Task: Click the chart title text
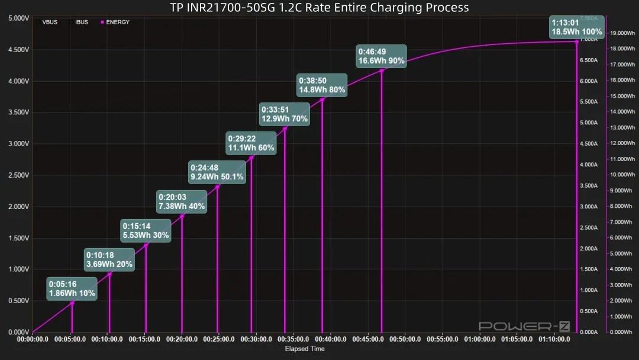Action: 319,8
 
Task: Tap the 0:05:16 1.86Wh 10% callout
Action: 72,288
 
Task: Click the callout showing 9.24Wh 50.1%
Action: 217,172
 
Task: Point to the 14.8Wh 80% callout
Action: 322,85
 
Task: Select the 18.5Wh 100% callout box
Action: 577,27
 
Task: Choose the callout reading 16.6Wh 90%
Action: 381,56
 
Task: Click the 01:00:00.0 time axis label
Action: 480,340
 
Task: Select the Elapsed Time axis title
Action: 305,349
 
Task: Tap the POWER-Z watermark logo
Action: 516,326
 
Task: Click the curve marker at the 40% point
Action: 182,216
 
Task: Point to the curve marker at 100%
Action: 577,41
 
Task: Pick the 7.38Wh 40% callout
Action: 182,201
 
